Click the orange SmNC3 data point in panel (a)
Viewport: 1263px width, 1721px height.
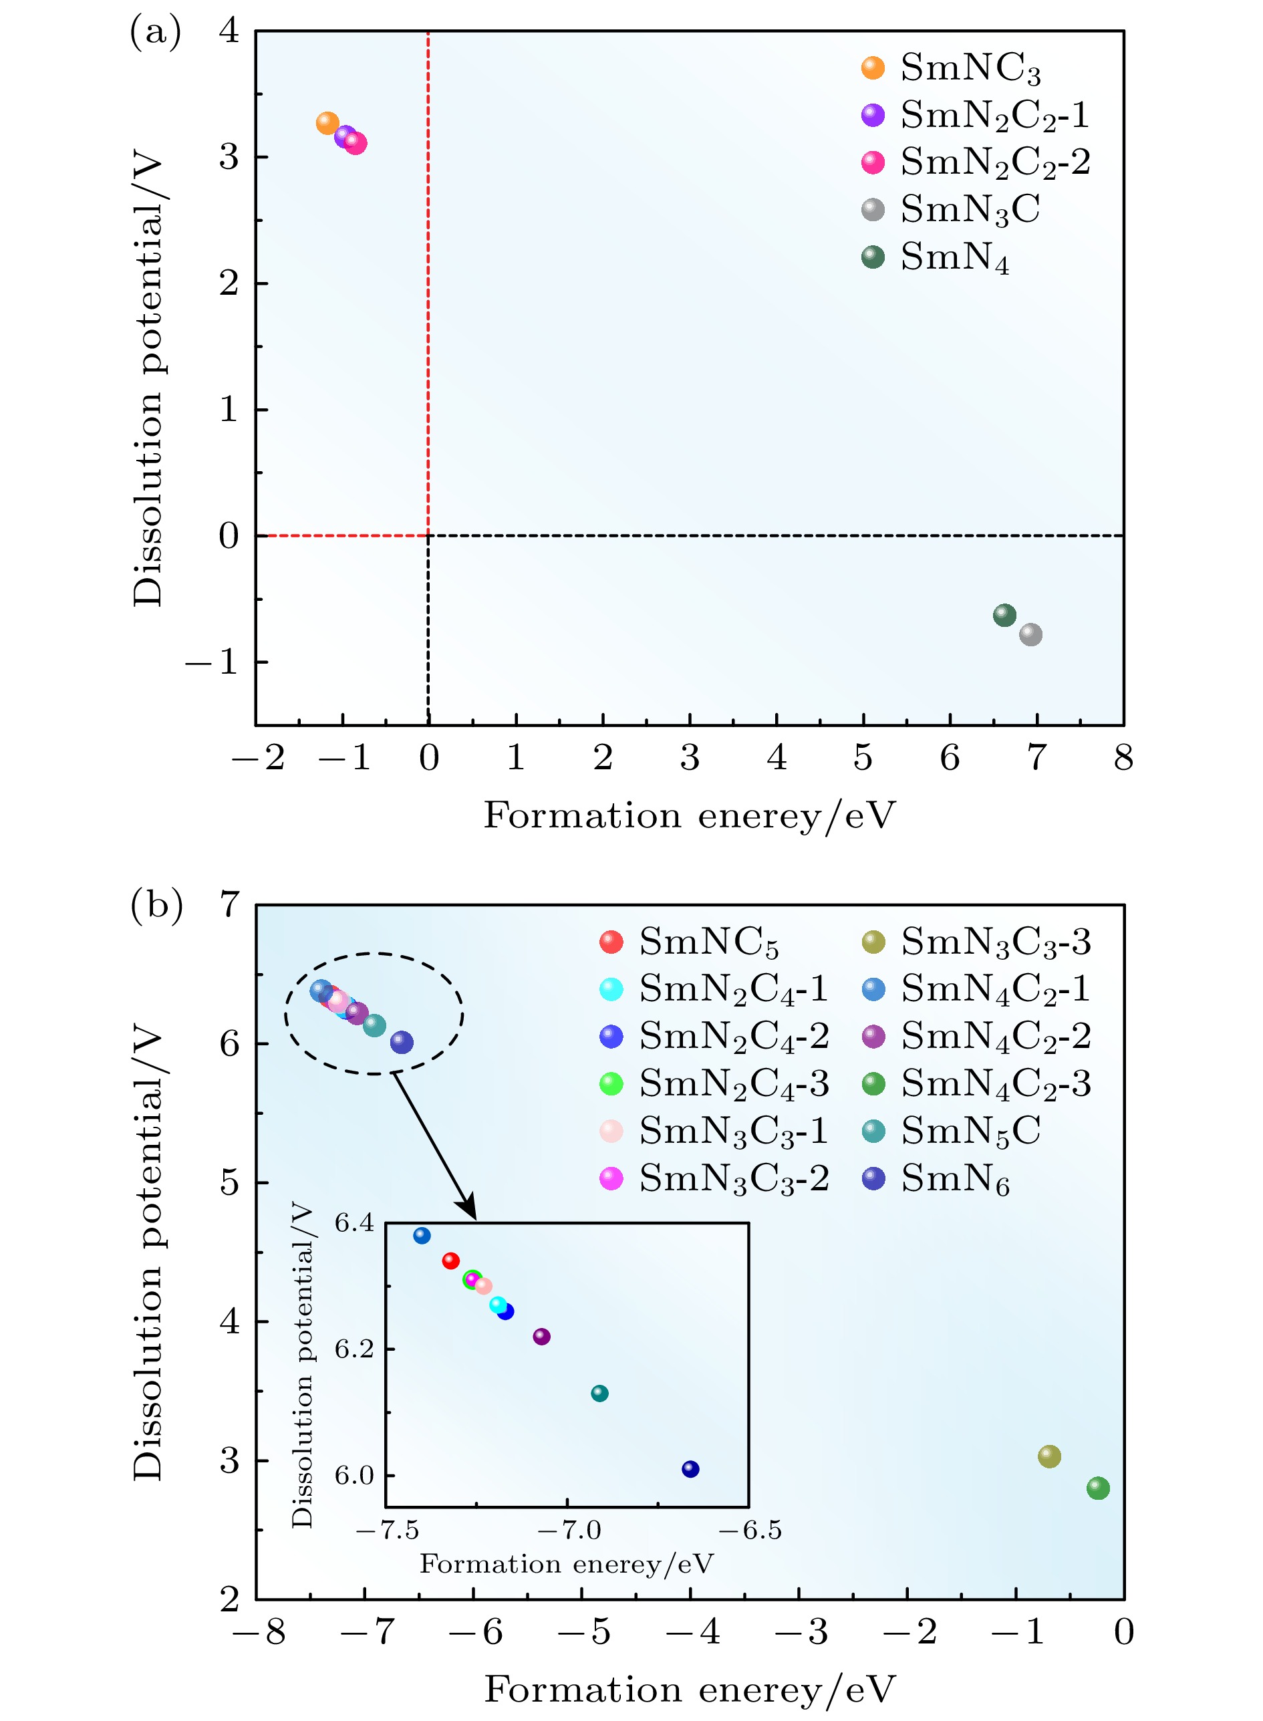[327, 123]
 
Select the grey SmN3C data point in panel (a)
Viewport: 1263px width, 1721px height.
[1030, 634]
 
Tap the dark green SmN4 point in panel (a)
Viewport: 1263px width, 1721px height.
[1004, 615]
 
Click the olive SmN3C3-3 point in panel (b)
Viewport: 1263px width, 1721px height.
[1049, 1456]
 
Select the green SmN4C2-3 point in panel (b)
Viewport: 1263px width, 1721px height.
[1098, 1488]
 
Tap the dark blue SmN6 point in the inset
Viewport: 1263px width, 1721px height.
[690, 1469]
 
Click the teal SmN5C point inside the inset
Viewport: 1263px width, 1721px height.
[600, 1393]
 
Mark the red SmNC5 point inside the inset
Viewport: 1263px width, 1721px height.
[451, 1260]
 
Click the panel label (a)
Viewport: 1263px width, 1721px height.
[156, 33]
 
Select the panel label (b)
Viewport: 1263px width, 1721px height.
[156, 906]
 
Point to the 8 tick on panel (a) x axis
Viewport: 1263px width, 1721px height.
[1123, 758]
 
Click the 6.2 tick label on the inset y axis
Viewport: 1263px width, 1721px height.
[354, 1349]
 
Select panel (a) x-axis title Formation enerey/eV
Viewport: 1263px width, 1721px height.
[690, 816]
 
